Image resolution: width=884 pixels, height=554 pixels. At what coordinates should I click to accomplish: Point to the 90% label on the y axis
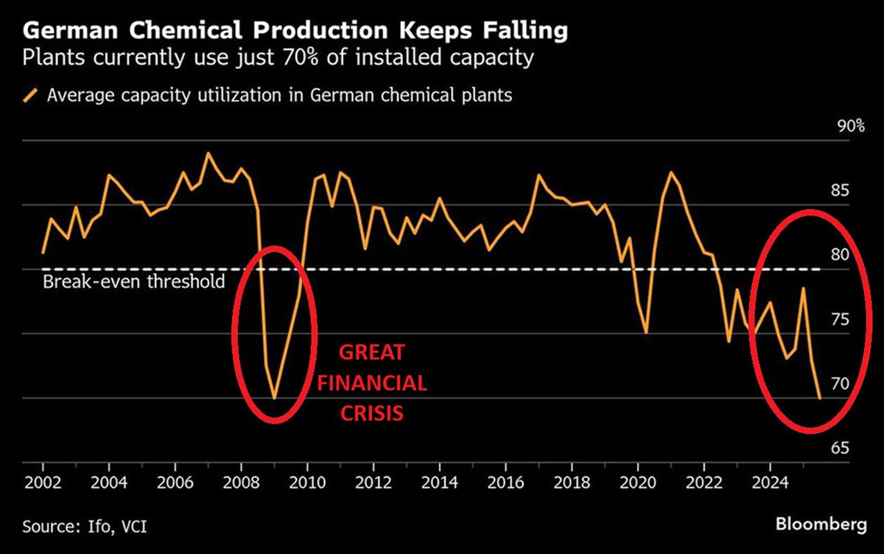(851, 126)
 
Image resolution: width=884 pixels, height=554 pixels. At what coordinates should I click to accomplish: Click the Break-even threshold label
(133, 282)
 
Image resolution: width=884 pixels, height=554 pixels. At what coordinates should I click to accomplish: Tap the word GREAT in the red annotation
(371, 352)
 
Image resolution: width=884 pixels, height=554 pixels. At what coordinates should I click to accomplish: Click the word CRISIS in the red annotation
(371, 413)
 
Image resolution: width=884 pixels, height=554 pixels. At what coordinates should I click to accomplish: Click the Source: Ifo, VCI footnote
(90, 527)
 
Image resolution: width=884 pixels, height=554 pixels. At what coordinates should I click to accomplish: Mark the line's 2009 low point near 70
(274, 399)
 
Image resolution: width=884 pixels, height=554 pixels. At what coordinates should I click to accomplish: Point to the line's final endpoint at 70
(819, 398)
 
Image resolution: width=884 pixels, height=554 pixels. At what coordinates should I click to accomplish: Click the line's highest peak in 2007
(208, 153)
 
